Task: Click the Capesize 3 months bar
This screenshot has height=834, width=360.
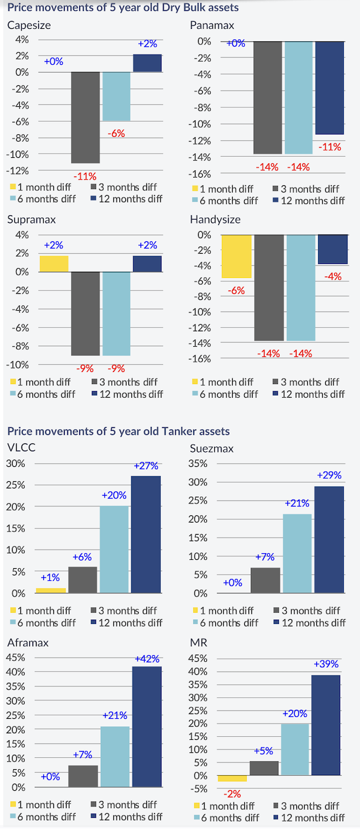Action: click(86, 117)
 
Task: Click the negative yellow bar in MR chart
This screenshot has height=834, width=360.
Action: click(232, 778)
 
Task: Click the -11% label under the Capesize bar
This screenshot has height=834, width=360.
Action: click(85, 176)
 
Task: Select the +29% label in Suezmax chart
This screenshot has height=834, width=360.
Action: click(329, 475)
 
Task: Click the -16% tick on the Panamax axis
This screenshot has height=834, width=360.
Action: click(200, 174)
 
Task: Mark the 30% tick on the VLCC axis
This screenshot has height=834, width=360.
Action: click(16, 463)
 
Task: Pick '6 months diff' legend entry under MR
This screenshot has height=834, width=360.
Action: click(230, 817)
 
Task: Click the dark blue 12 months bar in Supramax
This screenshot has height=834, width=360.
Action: click(147, 264)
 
